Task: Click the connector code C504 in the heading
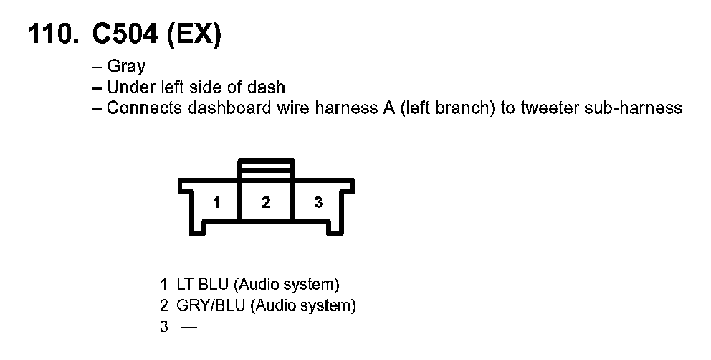pos(125,33)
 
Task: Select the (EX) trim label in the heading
pos(194,34)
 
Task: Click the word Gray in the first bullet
pos(126,67)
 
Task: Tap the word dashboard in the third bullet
pos(229,108)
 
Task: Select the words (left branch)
pos(447,108)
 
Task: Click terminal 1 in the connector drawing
pos(216,202)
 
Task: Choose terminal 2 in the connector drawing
pos(266,202)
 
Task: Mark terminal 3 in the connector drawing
pos(318,202)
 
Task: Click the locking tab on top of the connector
pos(266,169)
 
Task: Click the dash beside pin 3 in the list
pos(189,327)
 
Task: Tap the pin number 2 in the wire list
pos(163,305)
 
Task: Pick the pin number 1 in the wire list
pos(163,285)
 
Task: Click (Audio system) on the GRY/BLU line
pos(303,306)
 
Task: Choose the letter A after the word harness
pos(388,108)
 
